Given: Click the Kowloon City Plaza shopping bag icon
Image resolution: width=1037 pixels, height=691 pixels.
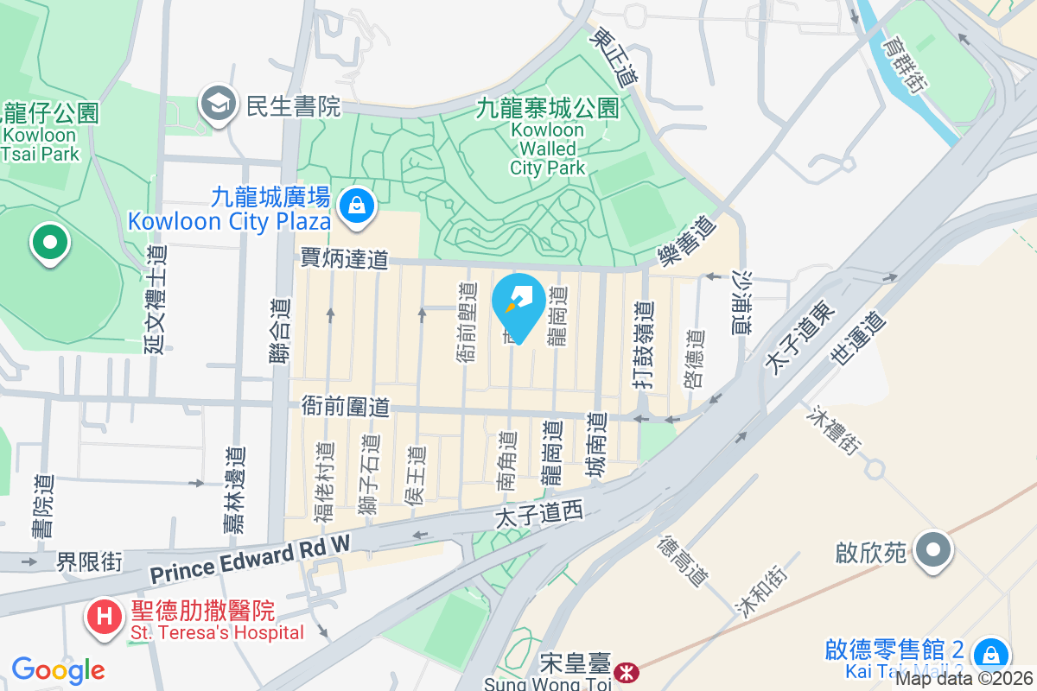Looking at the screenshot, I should coord(355,206).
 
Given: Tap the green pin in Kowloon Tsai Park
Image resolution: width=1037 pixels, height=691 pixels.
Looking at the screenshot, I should coord(49,243).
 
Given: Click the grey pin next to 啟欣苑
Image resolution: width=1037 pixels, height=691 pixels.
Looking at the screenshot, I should coord(934,550).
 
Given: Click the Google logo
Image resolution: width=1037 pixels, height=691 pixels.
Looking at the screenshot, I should coord(58,669).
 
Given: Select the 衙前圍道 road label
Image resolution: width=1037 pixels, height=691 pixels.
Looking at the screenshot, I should coord(346,405).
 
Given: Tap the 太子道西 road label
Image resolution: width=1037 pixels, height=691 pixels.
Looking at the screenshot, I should coord(540,515).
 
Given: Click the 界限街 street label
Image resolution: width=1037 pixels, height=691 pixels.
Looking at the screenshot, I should coord(90,562).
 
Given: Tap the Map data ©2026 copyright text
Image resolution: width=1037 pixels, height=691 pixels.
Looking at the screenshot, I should coord(964,678).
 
